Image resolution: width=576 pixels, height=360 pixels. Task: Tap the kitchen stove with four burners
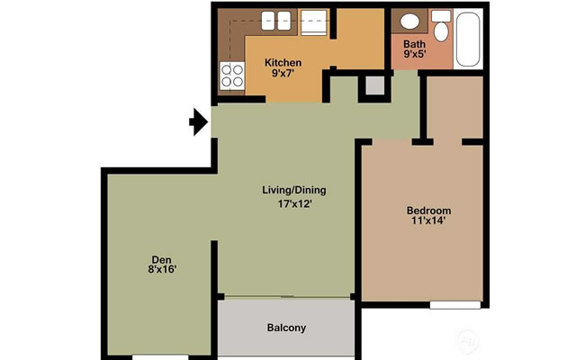pos(232,77)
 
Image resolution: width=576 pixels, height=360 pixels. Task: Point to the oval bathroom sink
pos(409,22)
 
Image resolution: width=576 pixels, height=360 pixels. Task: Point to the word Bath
pos(414,43)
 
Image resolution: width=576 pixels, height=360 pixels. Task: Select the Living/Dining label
pos(293,190)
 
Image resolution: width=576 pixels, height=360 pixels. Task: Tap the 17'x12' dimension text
pos(293,203)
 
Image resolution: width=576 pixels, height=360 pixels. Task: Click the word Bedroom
pos(428,211)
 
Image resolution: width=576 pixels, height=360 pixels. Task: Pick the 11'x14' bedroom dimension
pos(428,223)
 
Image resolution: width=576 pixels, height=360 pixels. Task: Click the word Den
pos(162,256)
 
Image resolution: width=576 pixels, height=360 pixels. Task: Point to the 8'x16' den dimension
pos(162,268)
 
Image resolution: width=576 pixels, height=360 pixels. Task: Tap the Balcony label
pos(286,328)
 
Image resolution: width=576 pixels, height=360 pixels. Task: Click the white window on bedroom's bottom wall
pos(454,305)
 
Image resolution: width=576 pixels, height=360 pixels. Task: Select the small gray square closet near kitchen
pos(373,86)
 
